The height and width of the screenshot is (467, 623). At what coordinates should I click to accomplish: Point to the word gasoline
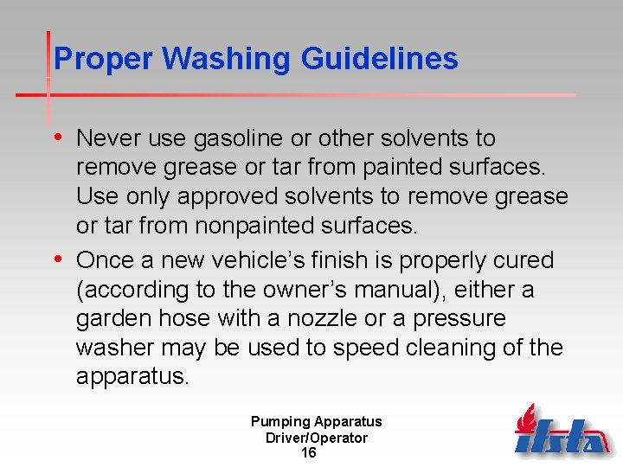228,138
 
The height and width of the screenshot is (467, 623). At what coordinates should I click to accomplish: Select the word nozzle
316,319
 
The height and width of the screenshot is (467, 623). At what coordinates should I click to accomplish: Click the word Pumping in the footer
279,422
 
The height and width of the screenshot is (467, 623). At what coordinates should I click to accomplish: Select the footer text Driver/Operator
316,438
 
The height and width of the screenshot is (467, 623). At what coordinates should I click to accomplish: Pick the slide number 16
308,452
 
